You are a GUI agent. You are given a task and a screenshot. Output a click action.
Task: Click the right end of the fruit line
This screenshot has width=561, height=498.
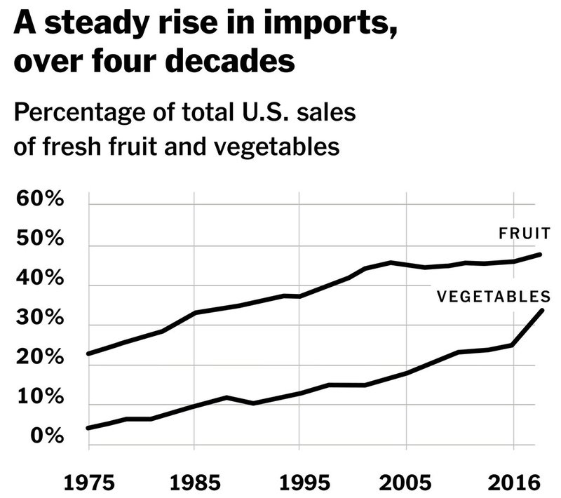pyautogui.click(x=540, y=254)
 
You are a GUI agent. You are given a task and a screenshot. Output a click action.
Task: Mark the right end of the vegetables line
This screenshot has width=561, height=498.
pyautogui.click(x=541, y=309)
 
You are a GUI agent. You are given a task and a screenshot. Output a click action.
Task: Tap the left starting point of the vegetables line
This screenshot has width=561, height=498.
pyautogui.click(x=88, y=428)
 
